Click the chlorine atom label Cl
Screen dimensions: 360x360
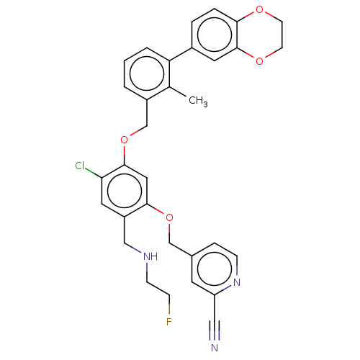click(x=80, y=166)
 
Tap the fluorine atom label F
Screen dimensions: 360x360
click(x=169, y=322)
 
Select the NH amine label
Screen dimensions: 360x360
click(x=150, y=256)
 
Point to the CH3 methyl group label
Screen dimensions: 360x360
click(x=198, y=101)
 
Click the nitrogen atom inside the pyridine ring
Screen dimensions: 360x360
click(x=237, y=282)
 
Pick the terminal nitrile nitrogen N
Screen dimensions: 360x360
click(x=215, y=348)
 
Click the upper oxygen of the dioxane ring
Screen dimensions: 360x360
click(x=259, y=10)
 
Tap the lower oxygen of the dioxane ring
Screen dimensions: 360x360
click(x=259, y=61)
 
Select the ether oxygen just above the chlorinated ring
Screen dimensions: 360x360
click(x=124, y=140)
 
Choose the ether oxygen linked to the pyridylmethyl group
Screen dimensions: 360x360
click(x=169, y=218)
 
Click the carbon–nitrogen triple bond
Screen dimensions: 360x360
click(x=215, y=330)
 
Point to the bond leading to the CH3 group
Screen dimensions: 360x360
click(x=179, y=92)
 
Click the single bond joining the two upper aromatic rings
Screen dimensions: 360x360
click(x=181, y=54)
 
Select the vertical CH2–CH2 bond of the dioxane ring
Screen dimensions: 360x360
click(x=282, y=35)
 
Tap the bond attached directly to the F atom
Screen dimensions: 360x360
click(x=169, y=305)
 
